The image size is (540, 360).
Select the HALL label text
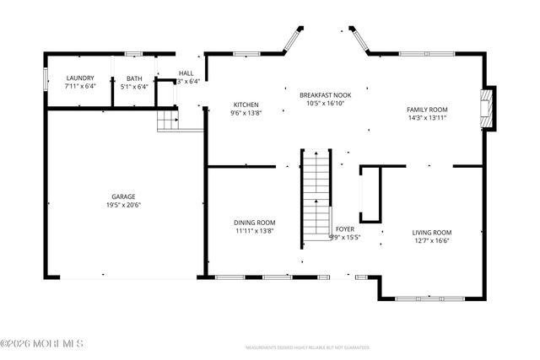point(186,73)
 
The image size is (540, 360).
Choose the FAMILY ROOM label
point(427,110)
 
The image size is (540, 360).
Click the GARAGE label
point(122,196)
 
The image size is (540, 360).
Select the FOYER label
point(345,228)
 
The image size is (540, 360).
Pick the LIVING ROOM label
point(432,233)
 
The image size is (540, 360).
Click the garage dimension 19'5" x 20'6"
point(122,205)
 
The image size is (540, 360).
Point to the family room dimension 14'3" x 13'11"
point(427,118)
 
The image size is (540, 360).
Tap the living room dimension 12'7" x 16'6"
point(432,241)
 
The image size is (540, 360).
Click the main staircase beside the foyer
point(316,194)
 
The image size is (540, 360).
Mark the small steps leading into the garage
point(169,120)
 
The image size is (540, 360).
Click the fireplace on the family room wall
point(487,110)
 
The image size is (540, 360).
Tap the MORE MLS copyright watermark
point(42,343)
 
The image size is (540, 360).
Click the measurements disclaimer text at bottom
point(307,347)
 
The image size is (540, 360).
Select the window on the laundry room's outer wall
point(46,78)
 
